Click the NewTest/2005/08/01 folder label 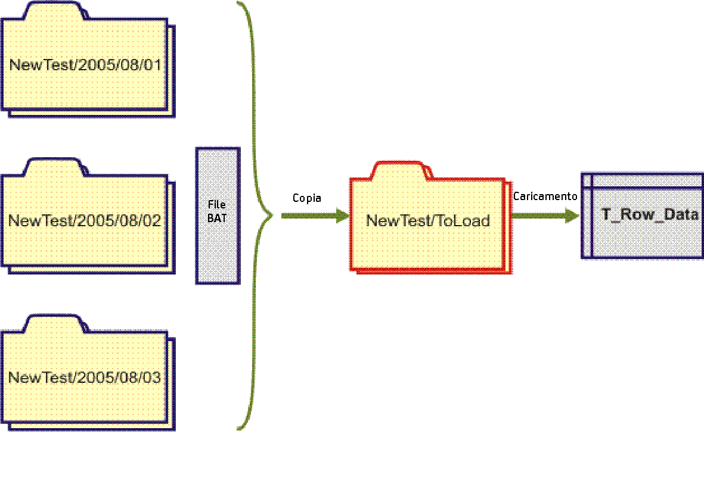tap(85, 65)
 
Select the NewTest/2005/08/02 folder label tap(85, 221)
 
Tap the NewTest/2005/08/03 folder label tap(85, 378)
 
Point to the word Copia tap(307, 198)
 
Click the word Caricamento tap(545, 196)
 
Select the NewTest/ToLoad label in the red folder tap(427, 221)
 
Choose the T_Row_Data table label tap(649, 215)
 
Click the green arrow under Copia tap(310, 216)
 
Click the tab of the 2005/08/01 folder tap(51, 11)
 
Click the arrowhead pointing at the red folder tap(343, 216)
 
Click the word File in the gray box tap(217, 205)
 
